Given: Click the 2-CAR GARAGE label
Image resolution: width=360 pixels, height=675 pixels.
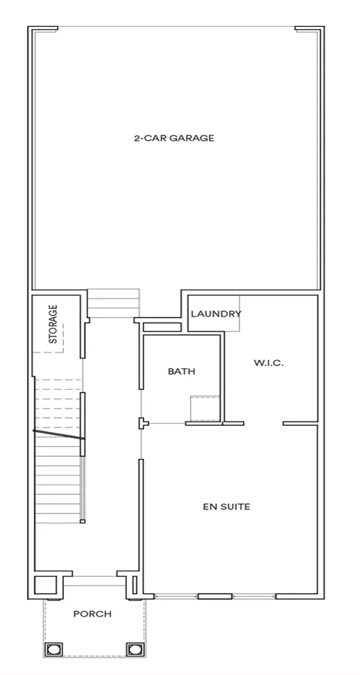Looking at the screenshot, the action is pyautogui.click(x=174, y=138).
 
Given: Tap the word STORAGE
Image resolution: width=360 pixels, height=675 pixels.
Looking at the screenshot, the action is pyautogui.click(x=53, y=324).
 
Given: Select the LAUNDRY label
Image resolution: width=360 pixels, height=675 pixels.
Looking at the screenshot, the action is pyautogui.click(x=216, y=313).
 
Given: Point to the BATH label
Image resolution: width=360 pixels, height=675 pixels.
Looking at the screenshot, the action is pyautogui.click(x=181, y=371).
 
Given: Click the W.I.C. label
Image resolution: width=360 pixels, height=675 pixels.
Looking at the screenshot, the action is pyautogui.click(x=268, y=363).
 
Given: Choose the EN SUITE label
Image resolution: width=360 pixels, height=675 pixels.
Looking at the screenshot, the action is pyautogui.click(x=226, y=507).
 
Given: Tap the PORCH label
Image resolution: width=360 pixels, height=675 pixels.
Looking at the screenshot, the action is pyautogui.click(x=92, y=613).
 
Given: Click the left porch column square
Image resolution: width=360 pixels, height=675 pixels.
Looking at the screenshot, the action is pyautogui.click(x=54, y=649).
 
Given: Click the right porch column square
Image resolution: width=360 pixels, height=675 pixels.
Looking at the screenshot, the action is pyautogui.click(x=134, y=649).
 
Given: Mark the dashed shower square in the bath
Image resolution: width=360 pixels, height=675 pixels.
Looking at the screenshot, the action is pyautogui.click(x=205, y=409).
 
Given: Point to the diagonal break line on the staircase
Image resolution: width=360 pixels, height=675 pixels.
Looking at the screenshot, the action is pyautogui.click(x=59, y=434).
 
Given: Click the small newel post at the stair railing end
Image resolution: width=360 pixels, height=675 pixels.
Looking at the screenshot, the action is pyautogui.click(x=82, y=521).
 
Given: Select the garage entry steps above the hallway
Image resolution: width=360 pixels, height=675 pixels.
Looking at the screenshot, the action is pyautogui.click(x=114, y=304).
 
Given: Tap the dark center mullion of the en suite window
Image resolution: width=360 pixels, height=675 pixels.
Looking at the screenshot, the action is pyautogui.click(x=215, y=596).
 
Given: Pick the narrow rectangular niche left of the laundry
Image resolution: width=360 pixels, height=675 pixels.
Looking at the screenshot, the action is pyautogui.click(x=162, y=327).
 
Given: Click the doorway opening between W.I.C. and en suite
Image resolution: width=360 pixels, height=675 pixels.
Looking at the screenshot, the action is pyautogui.click(x=263, y=424).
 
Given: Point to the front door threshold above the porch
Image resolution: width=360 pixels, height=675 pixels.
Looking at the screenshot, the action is pyautogui.click(x=94, y=580).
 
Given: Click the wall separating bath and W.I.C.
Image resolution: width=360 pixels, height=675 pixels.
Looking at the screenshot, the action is pyautogui.click(x=223, y=377).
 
